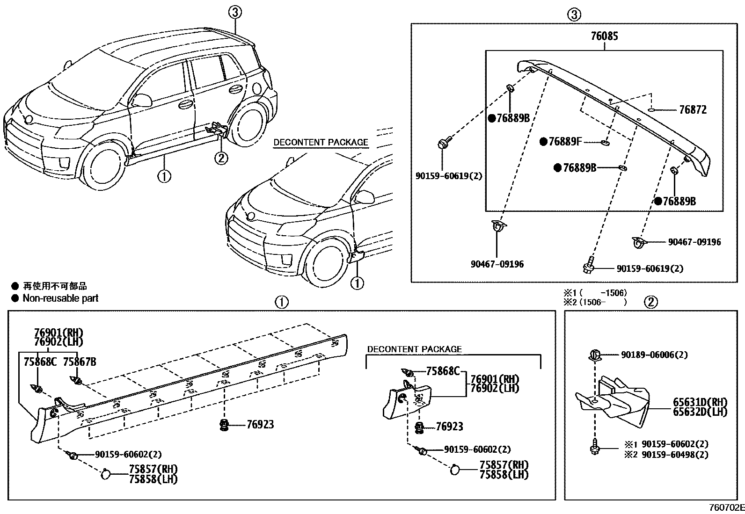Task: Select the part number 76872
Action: coord(693,110)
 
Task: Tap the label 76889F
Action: coord(564,142)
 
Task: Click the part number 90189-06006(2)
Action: coord(654,355)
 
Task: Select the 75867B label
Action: coord(80,362)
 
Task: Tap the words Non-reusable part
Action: coord(60,298)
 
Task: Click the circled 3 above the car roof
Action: coord(235,13)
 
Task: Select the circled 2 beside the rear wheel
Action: coord(221,158)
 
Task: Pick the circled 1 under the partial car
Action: coord(357,283)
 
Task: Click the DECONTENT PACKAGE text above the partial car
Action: coord(321,143)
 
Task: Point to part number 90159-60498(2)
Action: coord(674,455)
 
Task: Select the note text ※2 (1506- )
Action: coord(594,302)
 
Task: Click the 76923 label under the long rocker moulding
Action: coord(260,425)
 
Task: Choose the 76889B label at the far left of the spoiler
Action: coord(513,118)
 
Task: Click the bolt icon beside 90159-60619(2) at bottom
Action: coord(588,265)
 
